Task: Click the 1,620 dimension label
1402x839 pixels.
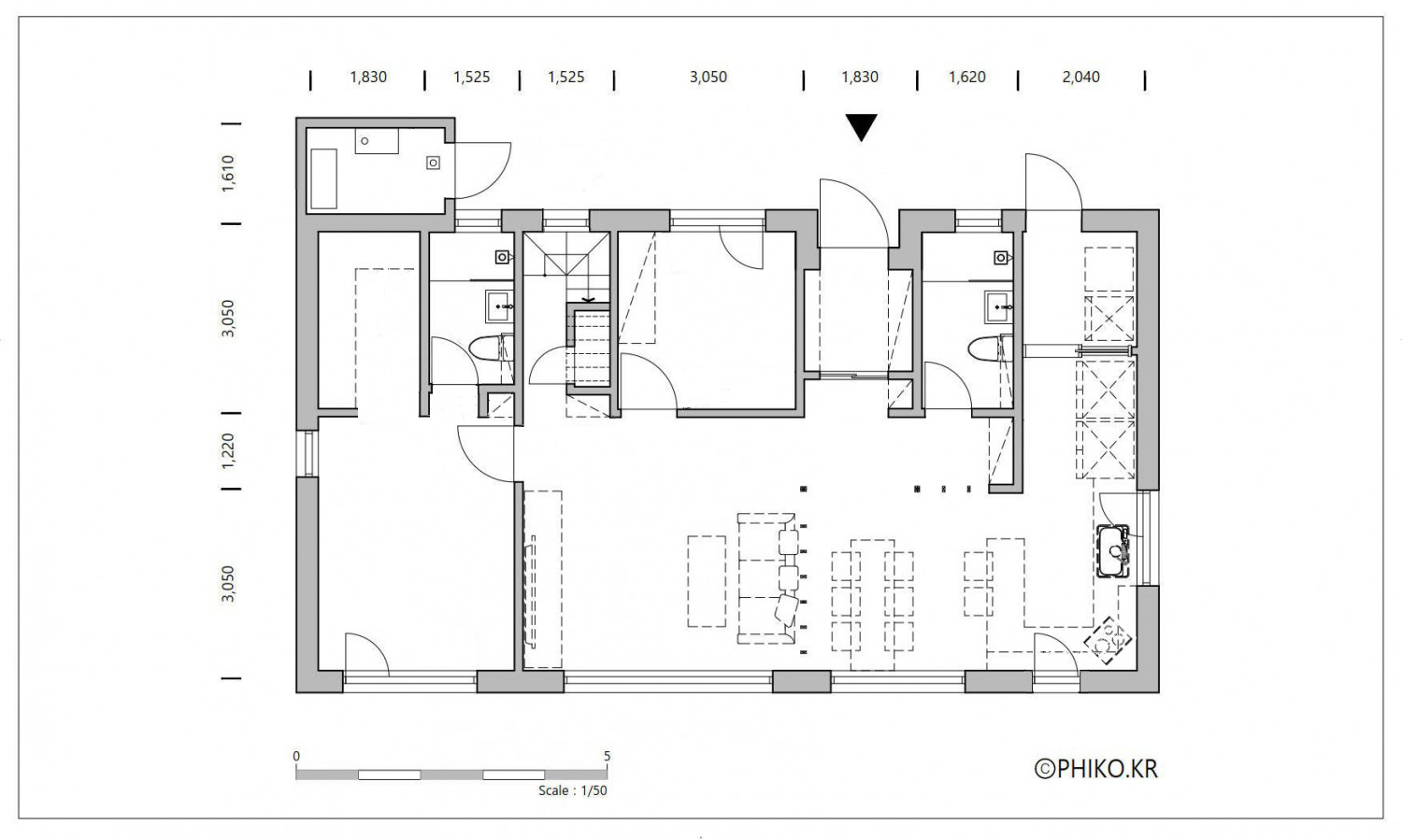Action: coord(967,77)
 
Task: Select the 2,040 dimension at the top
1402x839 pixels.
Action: coord(1080,77)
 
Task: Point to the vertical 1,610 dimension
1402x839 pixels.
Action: coord(228,173)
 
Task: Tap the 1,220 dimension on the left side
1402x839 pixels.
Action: coord(228,449)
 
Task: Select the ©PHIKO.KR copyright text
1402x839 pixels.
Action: coord(1096,769)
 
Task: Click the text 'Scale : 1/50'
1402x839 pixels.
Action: coord(573,790)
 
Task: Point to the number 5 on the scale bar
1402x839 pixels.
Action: coord(607,756)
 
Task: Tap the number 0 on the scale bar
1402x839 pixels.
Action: coord(296,756)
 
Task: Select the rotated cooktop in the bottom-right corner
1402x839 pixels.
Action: coord(1108,641)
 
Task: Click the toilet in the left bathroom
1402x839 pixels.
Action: coord(490,348)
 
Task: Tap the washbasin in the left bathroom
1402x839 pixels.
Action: coord(499,306)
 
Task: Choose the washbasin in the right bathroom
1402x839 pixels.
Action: coord(998,306)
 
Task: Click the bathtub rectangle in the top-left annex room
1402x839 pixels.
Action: coord(323,178)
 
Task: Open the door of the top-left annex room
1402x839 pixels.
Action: coord(482,171)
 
